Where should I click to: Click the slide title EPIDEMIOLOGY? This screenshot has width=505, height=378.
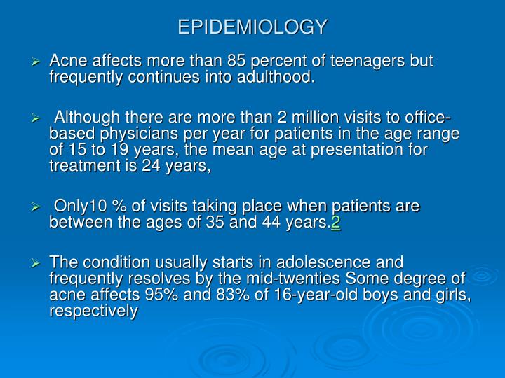[252, 27]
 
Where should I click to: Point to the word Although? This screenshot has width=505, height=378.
[88, 116]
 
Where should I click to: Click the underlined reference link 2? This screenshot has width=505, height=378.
[336, 223]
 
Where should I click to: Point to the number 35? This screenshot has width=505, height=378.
[230, 223]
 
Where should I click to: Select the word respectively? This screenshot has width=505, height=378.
[93, 311]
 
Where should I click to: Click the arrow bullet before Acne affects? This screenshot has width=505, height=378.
[39, 62]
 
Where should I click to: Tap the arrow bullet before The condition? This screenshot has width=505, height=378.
[39, 263]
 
